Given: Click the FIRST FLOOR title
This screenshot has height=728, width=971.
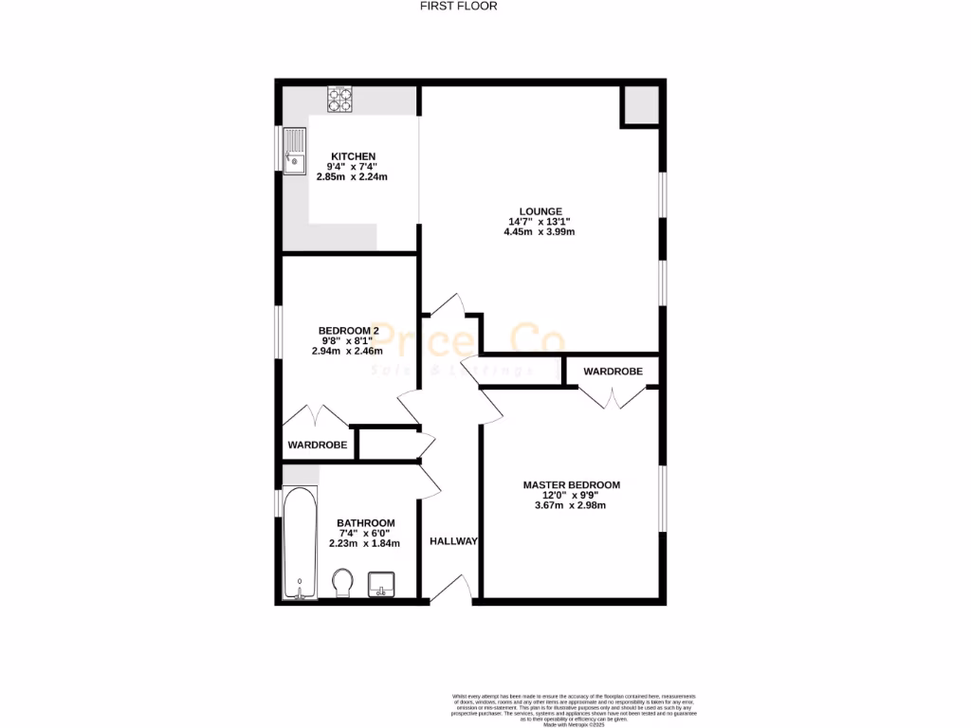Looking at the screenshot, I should click(x=459, y=6).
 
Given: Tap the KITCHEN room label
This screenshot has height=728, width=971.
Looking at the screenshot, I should click(x=353, y=156).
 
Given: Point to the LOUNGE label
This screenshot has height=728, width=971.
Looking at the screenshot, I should click(x=540, y=211).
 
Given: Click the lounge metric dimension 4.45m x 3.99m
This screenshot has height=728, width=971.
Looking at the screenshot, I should click(x=540, y=232).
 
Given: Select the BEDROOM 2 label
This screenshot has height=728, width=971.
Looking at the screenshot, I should click(x=348, y=330).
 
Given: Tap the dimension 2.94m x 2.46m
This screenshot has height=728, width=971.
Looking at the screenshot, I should click(x=348, y=351).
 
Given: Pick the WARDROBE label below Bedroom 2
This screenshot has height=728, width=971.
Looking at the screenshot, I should click(x=318, y=444).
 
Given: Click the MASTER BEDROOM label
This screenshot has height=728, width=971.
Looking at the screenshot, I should click(x=572, y=485).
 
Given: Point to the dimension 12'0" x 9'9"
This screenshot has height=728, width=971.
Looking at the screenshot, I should click(x=572, y=495).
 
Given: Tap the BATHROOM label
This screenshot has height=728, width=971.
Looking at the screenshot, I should click(x=366, y=523).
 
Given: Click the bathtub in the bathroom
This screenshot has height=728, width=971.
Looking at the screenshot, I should click(x=301, y=542).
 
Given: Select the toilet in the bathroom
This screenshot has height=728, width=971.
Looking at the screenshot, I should click(x=342, y=580).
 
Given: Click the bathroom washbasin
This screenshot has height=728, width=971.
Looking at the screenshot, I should click(x=381, y=583).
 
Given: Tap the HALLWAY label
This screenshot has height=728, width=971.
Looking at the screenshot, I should click(x=453, y=541).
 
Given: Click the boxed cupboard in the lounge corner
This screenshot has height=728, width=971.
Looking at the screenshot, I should click(x=640, y=105).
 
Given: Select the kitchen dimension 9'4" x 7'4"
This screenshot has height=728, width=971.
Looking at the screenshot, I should click(x=353, y=167).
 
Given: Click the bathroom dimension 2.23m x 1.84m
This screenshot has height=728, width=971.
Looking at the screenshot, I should click(x=365, y=543).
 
